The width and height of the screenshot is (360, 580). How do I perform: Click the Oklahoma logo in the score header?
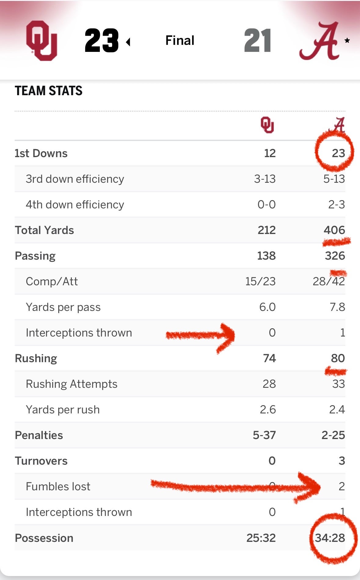click(42, 40)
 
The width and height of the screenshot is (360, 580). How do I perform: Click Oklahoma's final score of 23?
click(101, 41)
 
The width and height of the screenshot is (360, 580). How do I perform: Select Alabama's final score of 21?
click(257, 41)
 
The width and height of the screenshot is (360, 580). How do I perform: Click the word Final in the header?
click(180, 40)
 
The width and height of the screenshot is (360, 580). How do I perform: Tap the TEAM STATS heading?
click(49, 91)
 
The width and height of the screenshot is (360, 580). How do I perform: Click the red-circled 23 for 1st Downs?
click(338, 153)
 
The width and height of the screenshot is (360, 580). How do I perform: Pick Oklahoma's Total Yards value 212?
click(266, 230)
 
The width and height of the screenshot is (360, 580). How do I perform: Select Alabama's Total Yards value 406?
click(334, 230)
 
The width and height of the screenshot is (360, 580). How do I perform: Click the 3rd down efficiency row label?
click(75, 179)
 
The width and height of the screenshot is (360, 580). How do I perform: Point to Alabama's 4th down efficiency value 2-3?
click(336, 204)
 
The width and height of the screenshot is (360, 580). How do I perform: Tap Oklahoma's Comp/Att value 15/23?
click(260, 281)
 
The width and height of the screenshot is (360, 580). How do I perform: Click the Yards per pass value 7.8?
click(337, 307)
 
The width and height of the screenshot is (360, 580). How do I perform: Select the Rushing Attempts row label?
click(71, 384)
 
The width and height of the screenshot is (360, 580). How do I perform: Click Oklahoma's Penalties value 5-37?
click(264, 435)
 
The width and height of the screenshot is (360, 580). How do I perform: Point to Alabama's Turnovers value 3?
click(341, 461)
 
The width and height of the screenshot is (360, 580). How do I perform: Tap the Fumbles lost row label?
click(58, 486)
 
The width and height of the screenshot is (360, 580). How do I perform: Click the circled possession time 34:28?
click(330, 538)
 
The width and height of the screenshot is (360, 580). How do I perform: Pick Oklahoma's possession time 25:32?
click(261, 538)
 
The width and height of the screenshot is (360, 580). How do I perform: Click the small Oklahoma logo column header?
click(267, 125)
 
